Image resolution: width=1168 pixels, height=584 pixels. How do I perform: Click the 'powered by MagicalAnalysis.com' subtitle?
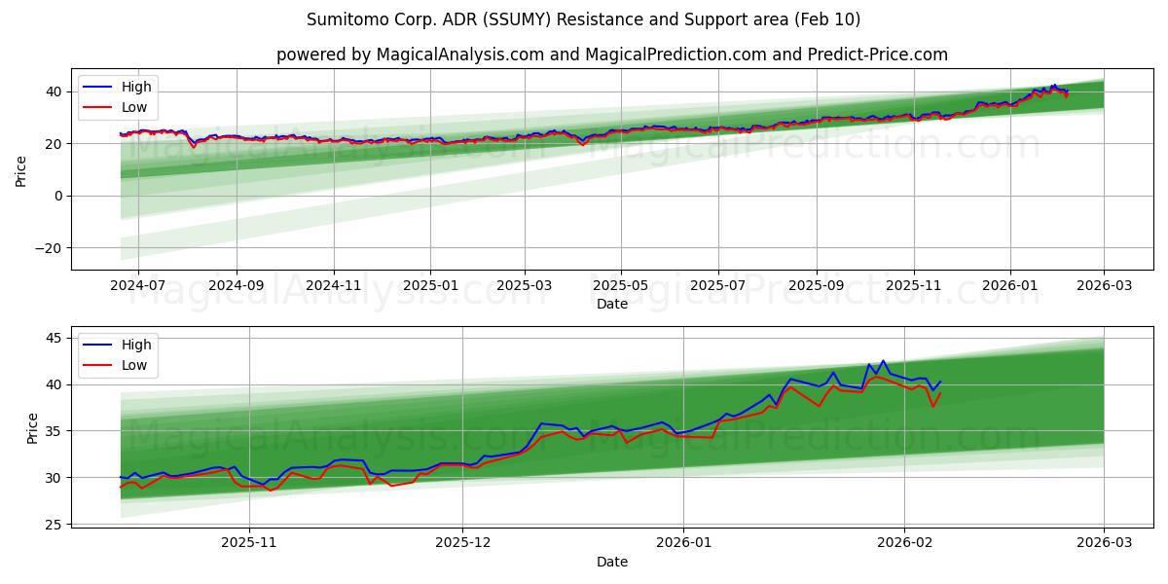[x=611, y=55]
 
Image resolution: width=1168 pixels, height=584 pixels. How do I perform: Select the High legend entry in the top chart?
[x=131, y=87]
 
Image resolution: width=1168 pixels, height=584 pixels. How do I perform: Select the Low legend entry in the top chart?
[x=131, y=107]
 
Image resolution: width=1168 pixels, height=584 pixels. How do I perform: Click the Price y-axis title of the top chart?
[x=21, y=170]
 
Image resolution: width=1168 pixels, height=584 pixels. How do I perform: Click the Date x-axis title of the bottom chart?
[x=611, y=562]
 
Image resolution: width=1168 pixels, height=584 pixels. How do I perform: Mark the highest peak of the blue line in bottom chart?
[x=884, y=361]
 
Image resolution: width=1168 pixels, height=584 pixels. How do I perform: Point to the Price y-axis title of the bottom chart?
[x=33, y=428]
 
